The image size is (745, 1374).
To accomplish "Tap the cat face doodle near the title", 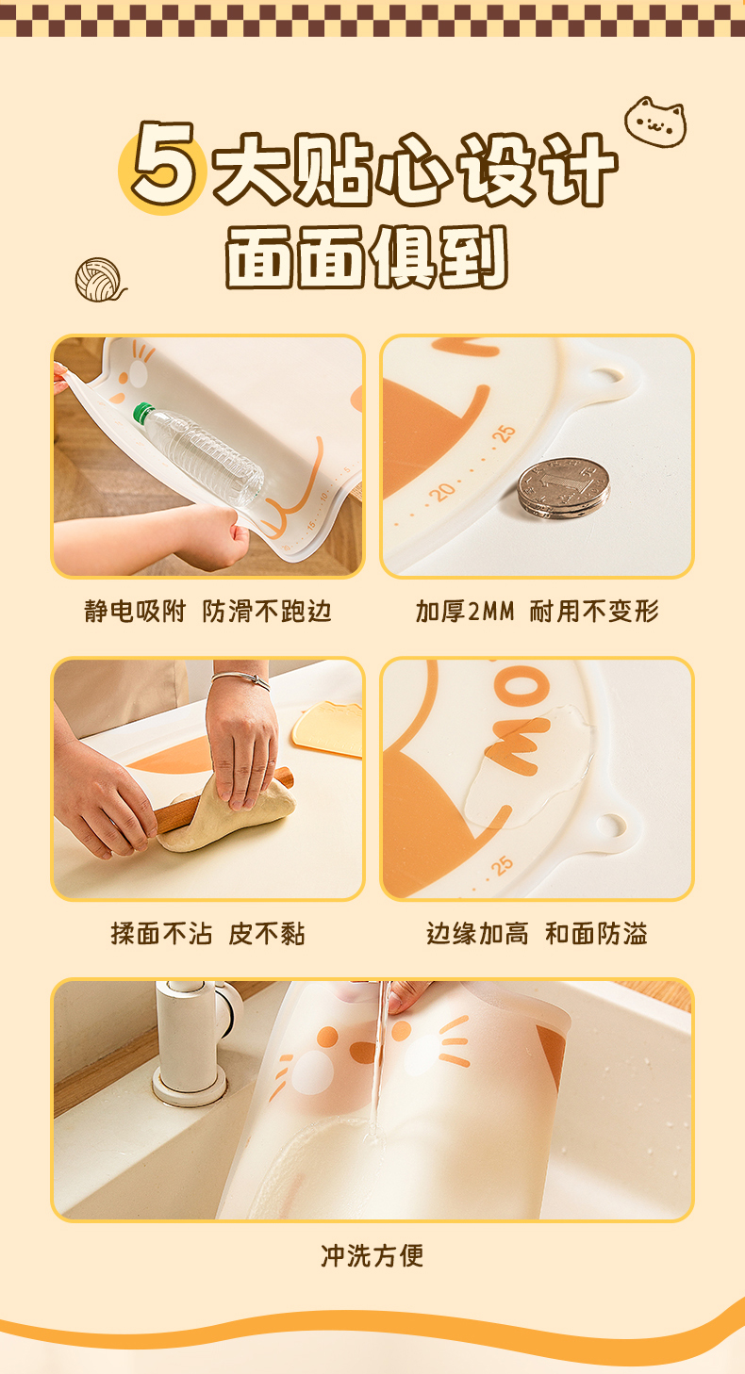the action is click(654, 122).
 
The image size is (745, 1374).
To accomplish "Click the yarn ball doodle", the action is click(99, 280).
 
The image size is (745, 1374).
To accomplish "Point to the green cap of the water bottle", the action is click(143, 413).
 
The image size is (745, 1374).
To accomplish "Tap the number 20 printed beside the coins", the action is click(442, 492).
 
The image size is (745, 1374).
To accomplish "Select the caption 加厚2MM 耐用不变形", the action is click(537, 612).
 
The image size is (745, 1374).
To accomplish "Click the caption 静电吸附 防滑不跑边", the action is click(208, 612).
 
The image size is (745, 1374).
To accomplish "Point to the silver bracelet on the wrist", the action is click(240, 679).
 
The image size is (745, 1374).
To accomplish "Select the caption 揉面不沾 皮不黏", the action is click(208, 934).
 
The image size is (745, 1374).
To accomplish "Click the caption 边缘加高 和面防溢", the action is click(537, 934).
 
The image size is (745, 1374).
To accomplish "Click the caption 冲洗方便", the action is click(372, 1255).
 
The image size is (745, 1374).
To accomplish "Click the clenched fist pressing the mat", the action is click(213, 533).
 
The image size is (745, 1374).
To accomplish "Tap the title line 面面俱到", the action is click(367, 256).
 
